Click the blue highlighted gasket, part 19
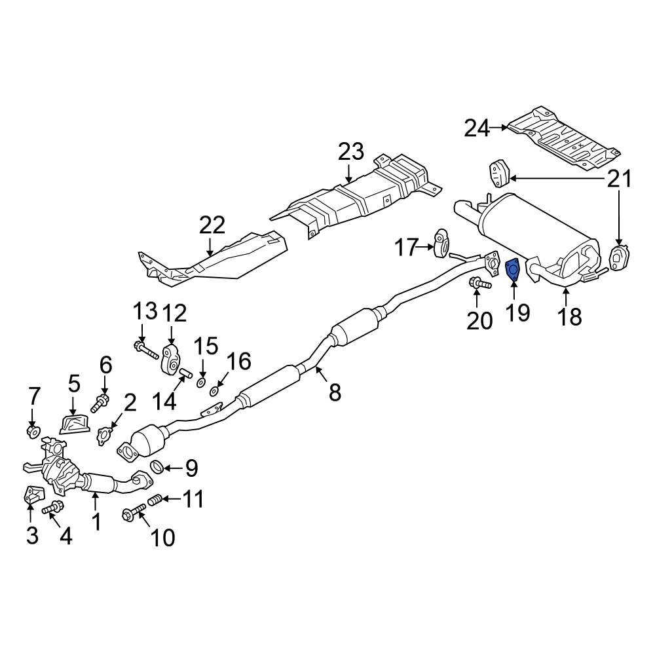tap(514, 269)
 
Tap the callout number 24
tap(477, 128)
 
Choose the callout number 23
tap(350, 153)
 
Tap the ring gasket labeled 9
tap(157, 467)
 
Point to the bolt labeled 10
tap(134, 513)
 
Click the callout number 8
tap(335, 392)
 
